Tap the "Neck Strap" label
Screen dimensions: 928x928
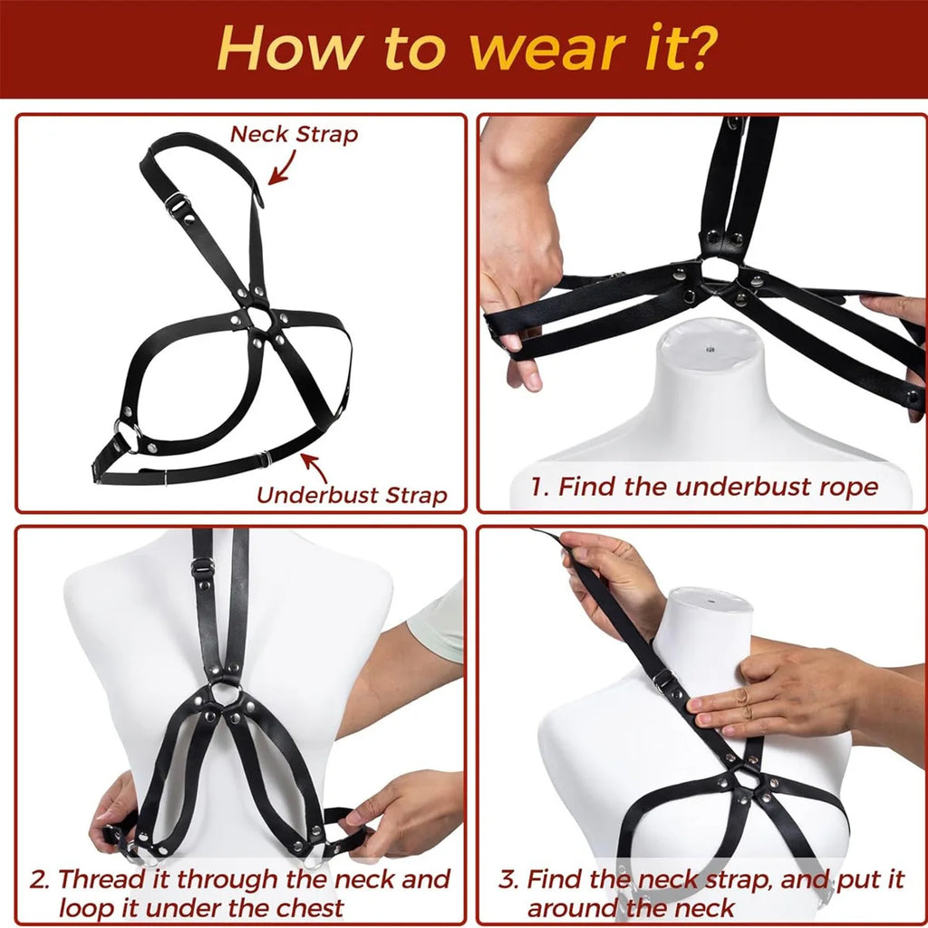pos(294,134)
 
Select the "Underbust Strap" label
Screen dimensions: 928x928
pos(352,496)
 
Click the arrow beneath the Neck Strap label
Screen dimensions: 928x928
pos(283,169)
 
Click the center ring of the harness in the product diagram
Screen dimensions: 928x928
pos(261,320)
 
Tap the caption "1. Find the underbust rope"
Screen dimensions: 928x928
pos(704,487)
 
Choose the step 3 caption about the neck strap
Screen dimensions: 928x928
pos(701,893)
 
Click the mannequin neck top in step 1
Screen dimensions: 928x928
pos(710,344)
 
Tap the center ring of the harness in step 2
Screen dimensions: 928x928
pos(225,696)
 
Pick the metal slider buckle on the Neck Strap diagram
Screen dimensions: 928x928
pos(177,203)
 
